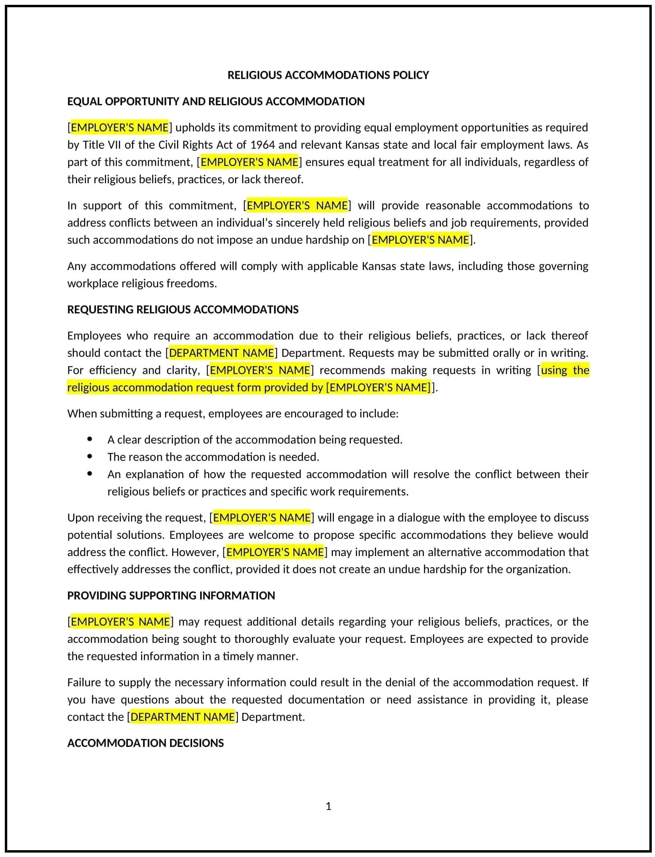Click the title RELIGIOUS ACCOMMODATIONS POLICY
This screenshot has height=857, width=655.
coord(328,75)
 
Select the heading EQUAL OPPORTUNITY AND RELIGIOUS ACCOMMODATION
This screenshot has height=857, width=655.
coord(216,101)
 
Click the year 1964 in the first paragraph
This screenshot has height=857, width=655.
coord(263,145)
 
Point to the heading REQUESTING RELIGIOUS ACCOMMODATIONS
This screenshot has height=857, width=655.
coord(183,309)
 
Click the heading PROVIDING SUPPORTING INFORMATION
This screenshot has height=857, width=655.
coord(171,595)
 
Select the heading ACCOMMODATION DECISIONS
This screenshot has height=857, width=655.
coord(145,743)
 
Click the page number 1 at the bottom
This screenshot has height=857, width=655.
coord(328,806)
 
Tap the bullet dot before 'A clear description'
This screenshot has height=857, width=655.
coord(90,440)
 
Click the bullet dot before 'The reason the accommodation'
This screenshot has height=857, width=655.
coord(90,457)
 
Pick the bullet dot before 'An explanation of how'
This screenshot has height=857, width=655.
coord(90,474)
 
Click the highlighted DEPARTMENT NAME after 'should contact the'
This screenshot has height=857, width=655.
coord(221,353)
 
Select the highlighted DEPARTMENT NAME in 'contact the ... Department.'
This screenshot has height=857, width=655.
coord(183,717)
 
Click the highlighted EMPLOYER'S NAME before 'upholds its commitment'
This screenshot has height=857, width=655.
coord(120,127)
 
